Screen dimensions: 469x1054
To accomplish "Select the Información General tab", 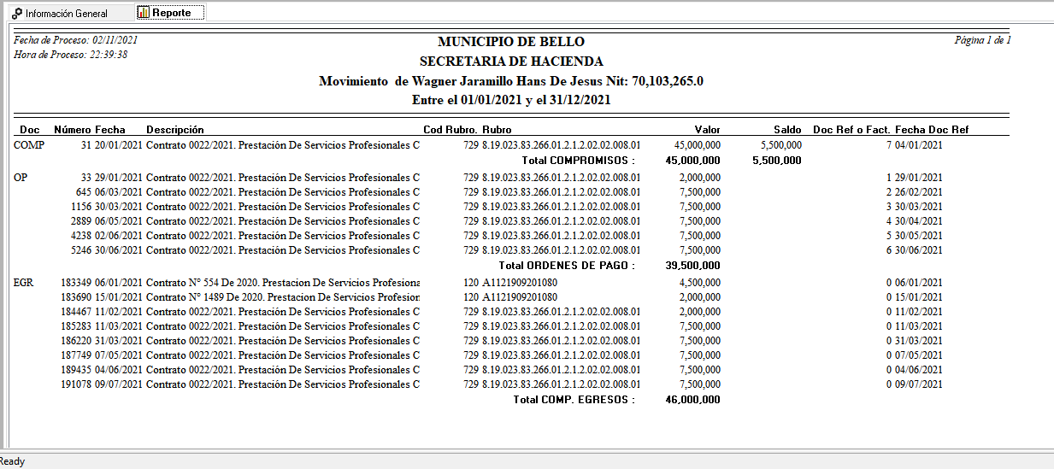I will (60, 14).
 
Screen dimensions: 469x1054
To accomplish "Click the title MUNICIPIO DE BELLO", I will (511, 42).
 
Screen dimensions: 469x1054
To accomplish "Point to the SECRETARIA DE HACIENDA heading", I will (511, 62).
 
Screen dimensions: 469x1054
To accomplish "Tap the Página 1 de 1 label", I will (982, 40).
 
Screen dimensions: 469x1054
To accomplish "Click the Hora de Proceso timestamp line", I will (71, 55).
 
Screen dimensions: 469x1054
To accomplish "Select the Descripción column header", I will (175, 130).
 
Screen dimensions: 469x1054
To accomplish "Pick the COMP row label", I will (29, 145).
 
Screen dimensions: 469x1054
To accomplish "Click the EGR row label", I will (24, 283).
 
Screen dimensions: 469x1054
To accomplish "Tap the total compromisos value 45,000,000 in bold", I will (692, 161).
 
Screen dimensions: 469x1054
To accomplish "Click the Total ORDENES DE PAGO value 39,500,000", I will (692, 266).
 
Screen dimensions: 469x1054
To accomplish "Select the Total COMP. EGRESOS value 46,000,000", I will (692, 400).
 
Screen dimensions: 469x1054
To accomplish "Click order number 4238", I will (83, 236).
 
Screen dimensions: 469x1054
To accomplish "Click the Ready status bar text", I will (13, 461).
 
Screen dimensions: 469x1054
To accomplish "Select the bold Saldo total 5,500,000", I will (776, 161).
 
